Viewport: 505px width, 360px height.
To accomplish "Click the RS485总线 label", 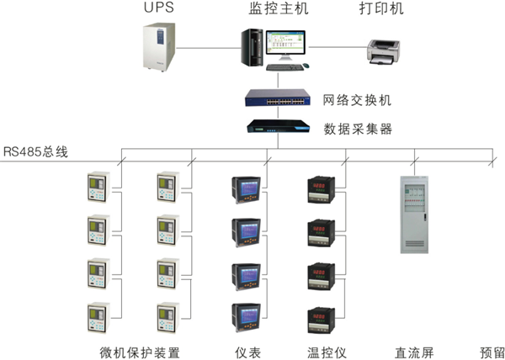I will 35,151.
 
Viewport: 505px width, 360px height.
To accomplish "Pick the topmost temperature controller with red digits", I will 323,191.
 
